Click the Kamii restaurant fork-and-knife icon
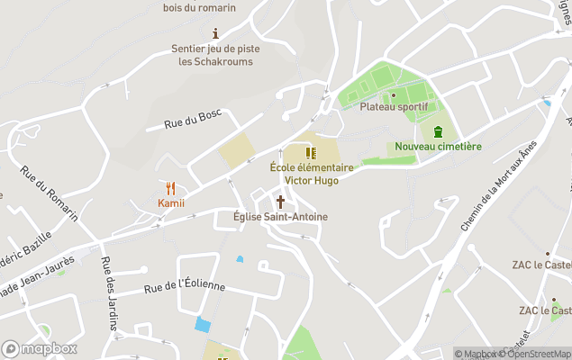171,188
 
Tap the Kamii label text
171,202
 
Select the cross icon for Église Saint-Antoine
280,202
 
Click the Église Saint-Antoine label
280,217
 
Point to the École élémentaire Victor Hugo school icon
311,153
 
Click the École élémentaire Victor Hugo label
311,174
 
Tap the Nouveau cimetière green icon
438,131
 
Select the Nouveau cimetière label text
438,147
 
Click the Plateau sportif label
394,106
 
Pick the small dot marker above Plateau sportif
394,94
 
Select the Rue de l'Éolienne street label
185,287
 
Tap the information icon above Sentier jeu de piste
214,33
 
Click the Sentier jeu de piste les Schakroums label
215,55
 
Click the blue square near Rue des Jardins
203,324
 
